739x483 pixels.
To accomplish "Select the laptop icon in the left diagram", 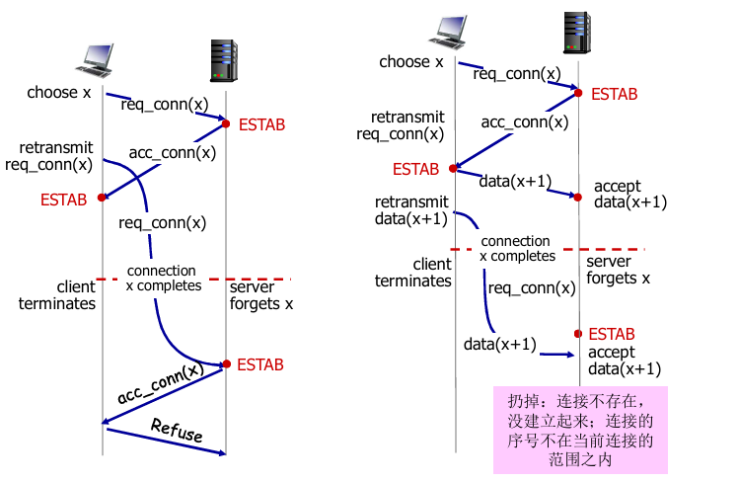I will point(98,63).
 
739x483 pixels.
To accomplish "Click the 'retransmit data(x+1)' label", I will point(409,210).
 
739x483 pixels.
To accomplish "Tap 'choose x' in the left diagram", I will point(59,93).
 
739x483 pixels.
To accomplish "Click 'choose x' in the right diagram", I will point(411,62).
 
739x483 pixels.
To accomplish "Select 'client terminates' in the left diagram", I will point(57,295).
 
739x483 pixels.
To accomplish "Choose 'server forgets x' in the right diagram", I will point(619,270).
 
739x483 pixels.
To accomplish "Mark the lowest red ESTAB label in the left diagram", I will point(260,364).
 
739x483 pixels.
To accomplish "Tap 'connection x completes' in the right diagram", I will point(516,248).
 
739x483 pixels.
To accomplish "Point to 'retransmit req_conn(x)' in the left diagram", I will point(48,155).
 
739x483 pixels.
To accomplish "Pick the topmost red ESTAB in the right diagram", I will point(614,94).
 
